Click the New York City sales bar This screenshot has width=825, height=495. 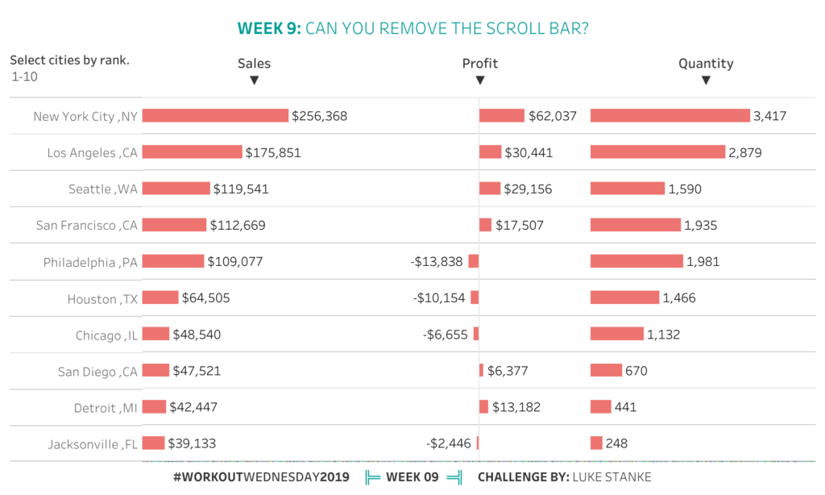pyautogui.click(x=215, y=116)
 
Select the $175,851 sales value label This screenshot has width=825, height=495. pyautogui.click(x=273, y=152)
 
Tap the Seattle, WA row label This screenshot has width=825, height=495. pyautogui.click(x=103, y=189)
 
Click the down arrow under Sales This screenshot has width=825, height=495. pyautogui.click(x=254, y=81)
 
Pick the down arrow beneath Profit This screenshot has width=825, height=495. pyautogui.click(x=480, y=81)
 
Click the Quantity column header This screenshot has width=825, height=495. pyautogui.click(x=706, y=64)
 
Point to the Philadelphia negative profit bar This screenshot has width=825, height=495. pyautogui.click(x=474, y=261)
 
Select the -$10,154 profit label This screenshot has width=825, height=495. pyautogui.click(x=440, y=298)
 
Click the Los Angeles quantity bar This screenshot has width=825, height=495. pyautogui.click(x=657, y=152)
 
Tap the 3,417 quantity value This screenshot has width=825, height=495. pyautogui.click(x=769, y=116)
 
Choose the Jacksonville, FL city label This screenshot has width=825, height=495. pyautogui.click(x=93, y=443)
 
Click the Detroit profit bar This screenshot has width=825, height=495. pyautogui.click(x=483, y=407)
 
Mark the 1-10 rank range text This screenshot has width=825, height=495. pyautogui.click(x=24, y=77)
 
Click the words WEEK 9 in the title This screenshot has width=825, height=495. pyautogui.click(x=269, y=29)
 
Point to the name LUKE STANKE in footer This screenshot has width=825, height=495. pyautogui.click(x=611, y=476)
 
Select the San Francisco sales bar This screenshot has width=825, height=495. pyautogui.click(x=174, y=225)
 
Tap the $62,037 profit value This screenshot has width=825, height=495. pyautogui.click(x=553, y=116)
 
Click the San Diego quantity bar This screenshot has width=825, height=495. pyautogui.click(x=606, y=371)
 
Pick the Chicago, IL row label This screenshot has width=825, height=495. pyautogui.click(x=107, y=335)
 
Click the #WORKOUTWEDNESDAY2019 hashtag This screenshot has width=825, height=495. pyautogui.click(x=261, y=476)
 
